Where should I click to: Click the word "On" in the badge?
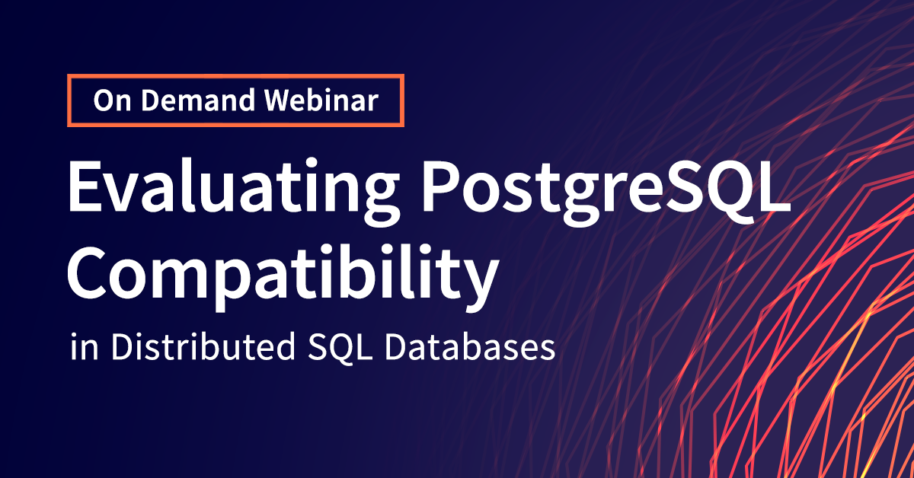(112, 100)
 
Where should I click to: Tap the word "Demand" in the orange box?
(198, 100)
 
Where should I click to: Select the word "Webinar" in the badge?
(321, 100)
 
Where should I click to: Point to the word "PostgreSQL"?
(606, 190)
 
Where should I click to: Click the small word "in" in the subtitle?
(85, 347)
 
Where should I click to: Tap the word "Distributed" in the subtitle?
(203, 346)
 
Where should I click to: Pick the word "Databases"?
(470, 346)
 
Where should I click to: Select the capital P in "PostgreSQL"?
(442, 186)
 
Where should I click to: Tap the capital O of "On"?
(105, 100)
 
